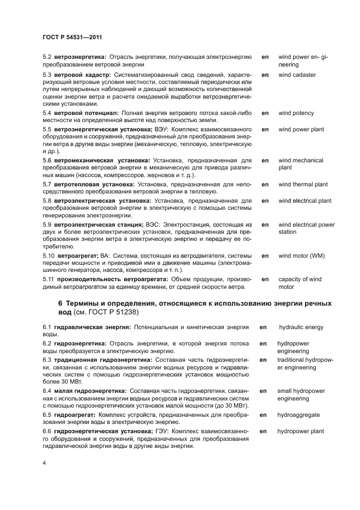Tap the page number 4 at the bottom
pyautogui.click(x=44, y=463)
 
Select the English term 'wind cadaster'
pyautogui.click(x=297, y=75)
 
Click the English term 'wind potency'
pyautogui.click(x=296, y=113)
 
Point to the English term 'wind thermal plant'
pyautogui.click(x=303, y=185)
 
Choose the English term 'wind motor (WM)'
pyautogui.click(x=301, y=256)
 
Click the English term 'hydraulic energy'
pyautogui.click(x=301, y=327)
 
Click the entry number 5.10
pyautogui.click(x=48, y=256)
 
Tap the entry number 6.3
pyautogui.click(x=47, y=360)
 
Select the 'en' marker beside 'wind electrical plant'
pyautogui.click(x=265, y=201)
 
